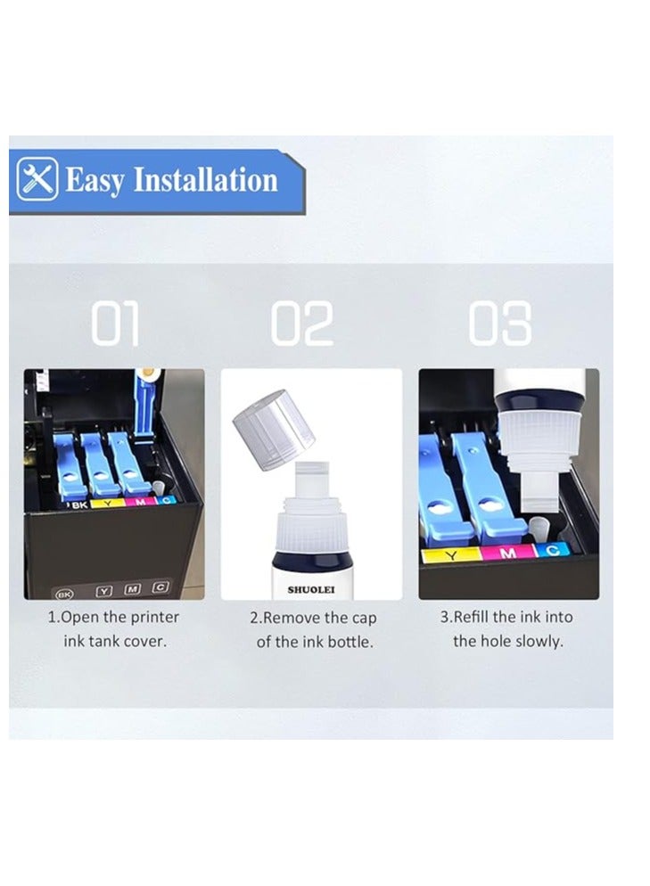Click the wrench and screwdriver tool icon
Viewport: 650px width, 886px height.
37,178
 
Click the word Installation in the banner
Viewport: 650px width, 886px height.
206,180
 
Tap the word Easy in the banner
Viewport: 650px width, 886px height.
95,181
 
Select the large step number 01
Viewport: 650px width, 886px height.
115,323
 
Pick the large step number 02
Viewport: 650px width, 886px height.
302,323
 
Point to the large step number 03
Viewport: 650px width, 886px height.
499,323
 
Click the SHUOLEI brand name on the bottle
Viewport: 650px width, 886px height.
311,589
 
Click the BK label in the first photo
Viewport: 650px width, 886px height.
79,505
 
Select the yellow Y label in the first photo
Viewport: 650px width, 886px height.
106,503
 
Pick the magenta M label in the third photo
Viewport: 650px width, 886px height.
508,553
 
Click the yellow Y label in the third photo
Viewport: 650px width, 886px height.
451,556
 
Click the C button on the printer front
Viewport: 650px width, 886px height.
160,587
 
